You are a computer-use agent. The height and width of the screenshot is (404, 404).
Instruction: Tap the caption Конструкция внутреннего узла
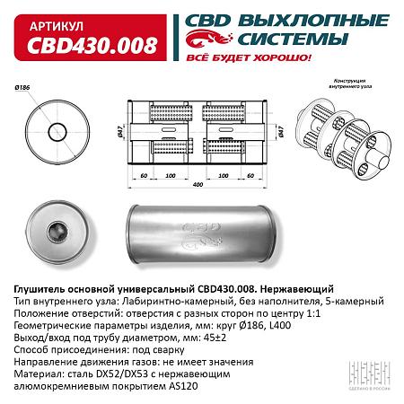351,87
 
